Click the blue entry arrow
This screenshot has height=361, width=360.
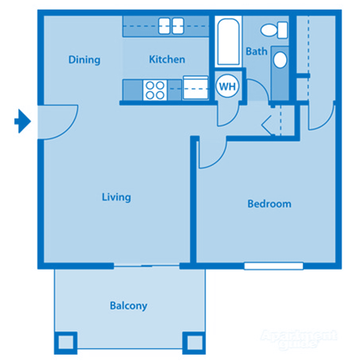(x=23, y=122)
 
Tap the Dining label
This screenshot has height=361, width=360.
(x=84, y=59)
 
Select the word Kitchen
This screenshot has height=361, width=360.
(x=167, y=59)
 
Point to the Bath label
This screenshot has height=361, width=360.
(x=256, y=51)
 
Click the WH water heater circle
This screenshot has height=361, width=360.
(x=226, y=85)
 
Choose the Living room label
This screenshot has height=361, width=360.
(x=116, y=197)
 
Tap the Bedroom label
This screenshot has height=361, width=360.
(x=269, y=204)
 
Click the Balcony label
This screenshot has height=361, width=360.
(x=128, y=306)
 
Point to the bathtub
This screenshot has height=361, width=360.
(x=228, y=43)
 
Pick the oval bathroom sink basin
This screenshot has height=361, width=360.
(x=280, y=59)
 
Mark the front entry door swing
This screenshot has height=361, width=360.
(x=56, y=120)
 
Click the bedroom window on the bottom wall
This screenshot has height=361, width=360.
(x=273, y=265)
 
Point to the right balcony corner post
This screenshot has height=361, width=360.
(x=193, y=342)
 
